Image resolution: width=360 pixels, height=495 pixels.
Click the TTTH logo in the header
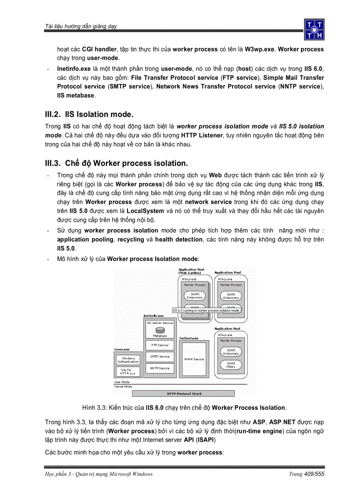(314, 30)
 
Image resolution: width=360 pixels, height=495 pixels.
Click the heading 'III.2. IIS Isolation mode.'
(89, 114)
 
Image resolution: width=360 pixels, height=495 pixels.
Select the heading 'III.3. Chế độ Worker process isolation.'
(116, 163)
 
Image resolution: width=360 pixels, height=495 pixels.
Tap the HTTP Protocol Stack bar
(183, 393)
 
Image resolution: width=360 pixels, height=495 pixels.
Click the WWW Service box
(194, 359)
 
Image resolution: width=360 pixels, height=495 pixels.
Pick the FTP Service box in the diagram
(160, 345)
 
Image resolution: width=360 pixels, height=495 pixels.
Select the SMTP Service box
(160, 357)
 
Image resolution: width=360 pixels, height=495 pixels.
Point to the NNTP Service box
(160, 368)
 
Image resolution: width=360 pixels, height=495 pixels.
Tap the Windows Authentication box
(128, 360)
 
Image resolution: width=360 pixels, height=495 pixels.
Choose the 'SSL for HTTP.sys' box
(128, 372)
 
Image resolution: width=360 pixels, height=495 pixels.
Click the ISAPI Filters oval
(231, 365)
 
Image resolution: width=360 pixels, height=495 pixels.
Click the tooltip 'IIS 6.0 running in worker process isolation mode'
(206, 310)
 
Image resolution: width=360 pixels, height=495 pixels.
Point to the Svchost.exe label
(188, 338)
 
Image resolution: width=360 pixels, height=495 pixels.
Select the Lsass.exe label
(122, 349)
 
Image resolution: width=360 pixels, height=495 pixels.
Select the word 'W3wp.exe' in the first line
(259, 49)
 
